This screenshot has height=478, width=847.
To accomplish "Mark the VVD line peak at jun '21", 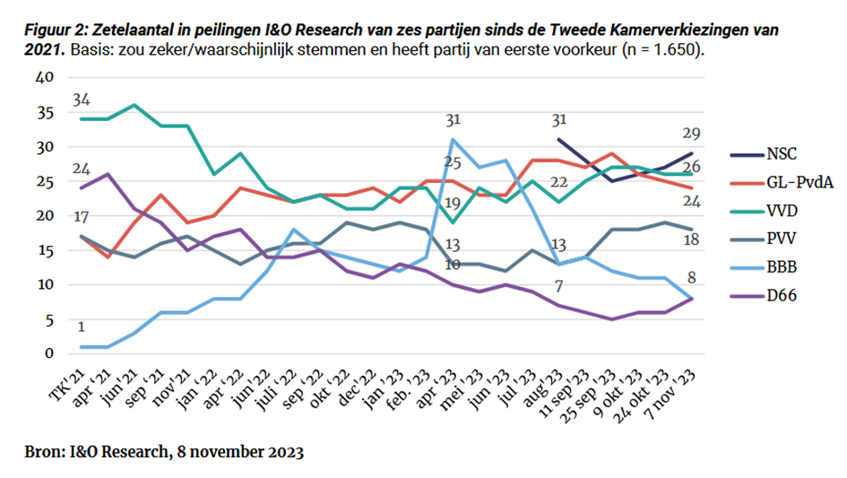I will (134, 105).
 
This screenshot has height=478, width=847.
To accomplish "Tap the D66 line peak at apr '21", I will (108, 174).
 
